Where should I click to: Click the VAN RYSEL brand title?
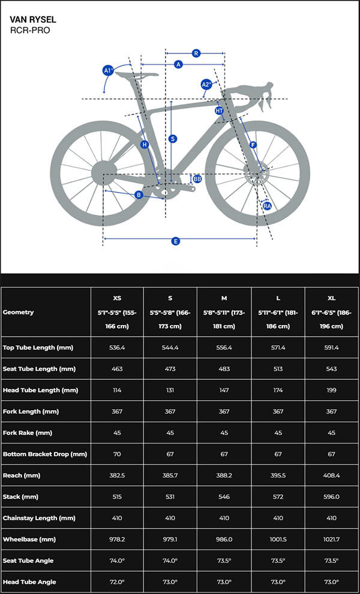tap(33, 19)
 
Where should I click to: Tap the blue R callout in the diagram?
tap(196, 53)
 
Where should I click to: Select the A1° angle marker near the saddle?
tap(108, 71)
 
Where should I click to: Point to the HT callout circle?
tap(219, 110)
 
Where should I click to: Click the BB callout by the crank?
tap(197, 179)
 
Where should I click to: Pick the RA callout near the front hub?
tap(268, 206)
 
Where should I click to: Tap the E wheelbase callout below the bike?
tap(176, 241)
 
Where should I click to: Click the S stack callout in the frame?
tap(173, 139)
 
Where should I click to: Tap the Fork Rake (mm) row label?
tap(29, 433)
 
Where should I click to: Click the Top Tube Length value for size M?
tap(224, 347)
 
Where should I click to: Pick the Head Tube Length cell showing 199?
tap(332, 390)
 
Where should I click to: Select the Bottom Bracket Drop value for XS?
tap(117, 454)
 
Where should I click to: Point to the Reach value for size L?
tap(278, 475)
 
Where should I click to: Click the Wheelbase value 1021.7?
tap(332, 539)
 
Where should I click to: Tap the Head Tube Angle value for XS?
tap(117, 581)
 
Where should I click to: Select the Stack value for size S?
tap(170, 496)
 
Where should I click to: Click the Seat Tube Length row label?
tap(38, 369)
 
